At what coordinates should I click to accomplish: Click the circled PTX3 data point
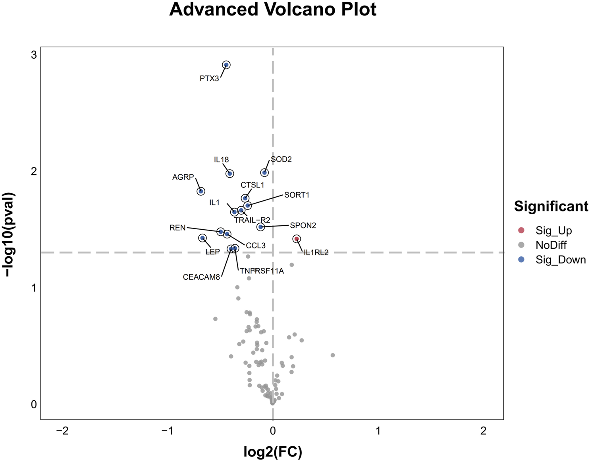coord(226,65)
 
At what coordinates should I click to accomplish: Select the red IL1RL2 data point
coord(297,239)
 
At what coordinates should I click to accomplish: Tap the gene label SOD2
coord(281,159)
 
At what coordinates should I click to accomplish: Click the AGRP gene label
coord(183,177)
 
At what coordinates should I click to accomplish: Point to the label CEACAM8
coord(201,277)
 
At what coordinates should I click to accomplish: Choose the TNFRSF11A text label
coord(262,271)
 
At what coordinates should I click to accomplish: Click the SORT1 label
coord(297,195)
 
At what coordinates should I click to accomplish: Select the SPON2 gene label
coord(303,226)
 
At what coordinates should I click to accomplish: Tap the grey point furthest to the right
coord(333,355)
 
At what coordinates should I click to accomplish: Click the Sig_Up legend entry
coord(553,231)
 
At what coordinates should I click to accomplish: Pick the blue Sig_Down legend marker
coord(522,259)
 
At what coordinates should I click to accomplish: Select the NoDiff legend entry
coord(551,245)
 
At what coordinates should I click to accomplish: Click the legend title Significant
coord(551,207)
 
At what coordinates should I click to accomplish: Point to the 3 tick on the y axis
coord(34,55)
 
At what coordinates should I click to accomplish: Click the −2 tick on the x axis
coord(62,431)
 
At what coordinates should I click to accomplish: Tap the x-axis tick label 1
coord(378,431)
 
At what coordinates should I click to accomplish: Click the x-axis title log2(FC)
coord(273,452)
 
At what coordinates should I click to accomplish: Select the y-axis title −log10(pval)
coord(10,234)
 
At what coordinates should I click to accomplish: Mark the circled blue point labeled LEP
coord(202,238)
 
